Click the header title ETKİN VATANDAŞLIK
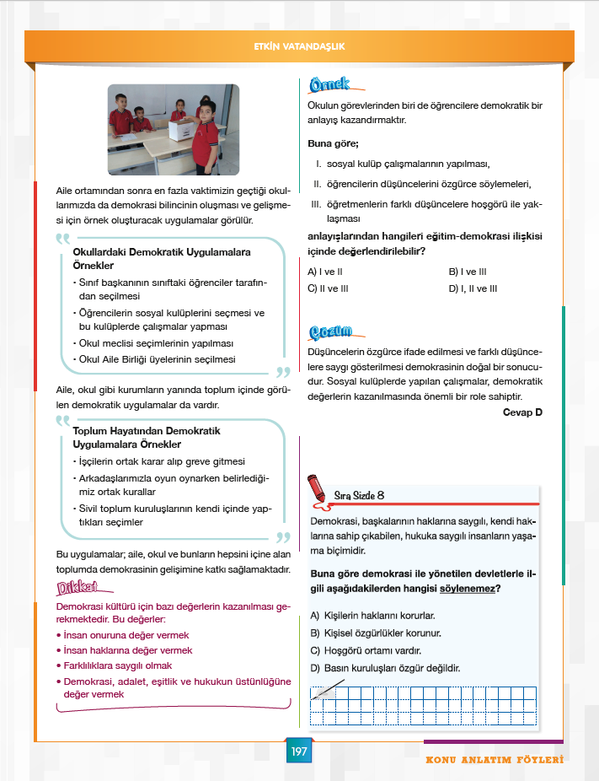tap(299, 47)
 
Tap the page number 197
tap(299, 751)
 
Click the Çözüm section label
tap(330, 331)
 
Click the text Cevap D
tap(522, 412)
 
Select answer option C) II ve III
tap(328, 288)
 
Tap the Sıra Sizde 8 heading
tap(360, 495)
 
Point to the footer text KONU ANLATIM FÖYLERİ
tap(494, 760)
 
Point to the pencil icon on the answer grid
tap(324, 693)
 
